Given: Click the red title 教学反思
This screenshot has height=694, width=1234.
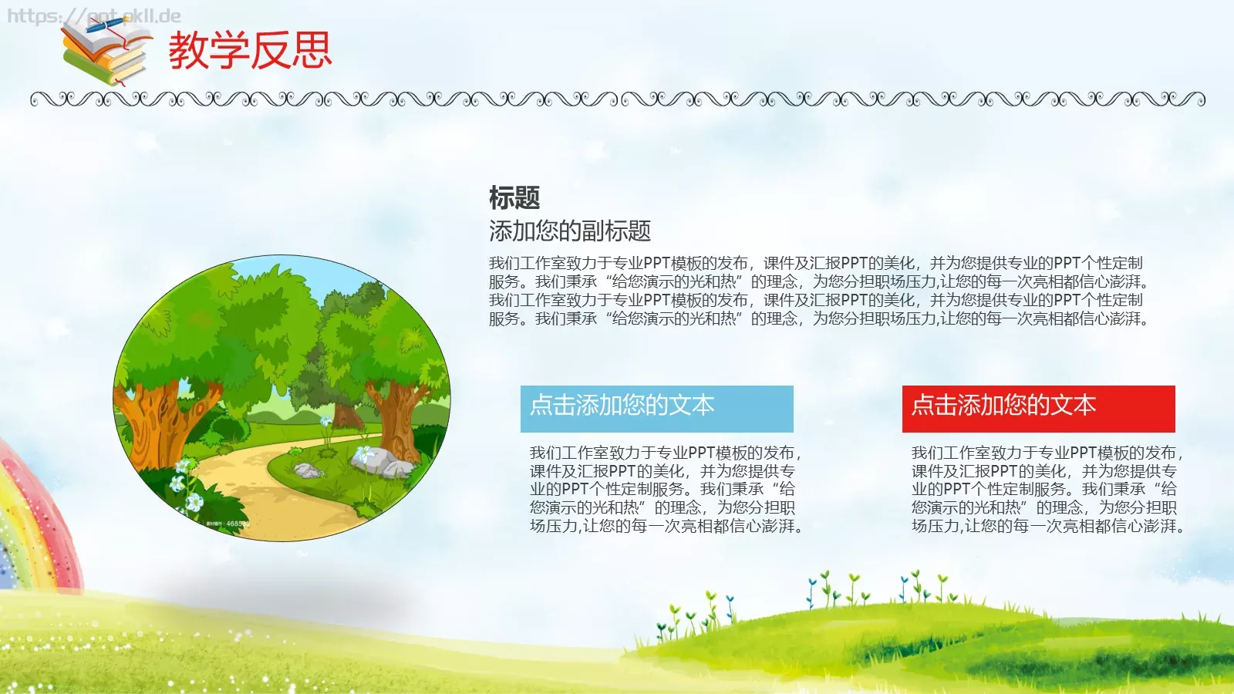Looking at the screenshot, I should (x=250, y=51).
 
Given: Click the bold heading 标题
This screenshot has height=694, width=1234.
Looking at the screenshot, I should (x=514, y=198).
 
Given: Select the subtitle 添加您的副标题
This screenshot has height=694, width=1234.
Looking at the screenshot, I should (x=570, y=231).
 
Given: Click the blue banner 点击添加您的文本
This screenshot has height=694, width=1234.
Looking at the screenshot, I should (x=656, y=408).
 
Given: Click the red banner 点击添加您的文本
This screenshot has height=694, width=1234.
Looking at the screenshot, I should (x=1038, y=408).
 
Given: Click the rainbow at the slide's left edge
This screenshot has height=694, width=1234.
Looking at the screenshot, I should (x=31, y=524).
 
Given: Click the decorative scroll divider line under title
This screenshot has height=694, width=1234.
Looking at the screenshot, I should (x=617, y=99).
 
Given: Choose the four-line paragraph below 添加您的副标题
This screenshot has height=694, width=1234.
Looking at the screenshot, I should (x=818, y=291).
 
